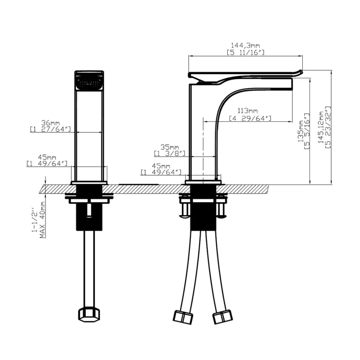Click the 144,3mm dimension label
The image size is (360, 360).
tap(245, 45)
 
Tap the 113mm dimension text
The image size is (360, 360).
tap(247, 111)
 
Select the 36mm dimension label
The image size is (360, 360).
tap(51, 123)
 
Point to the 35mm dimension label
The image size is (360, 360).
tap(169, 147)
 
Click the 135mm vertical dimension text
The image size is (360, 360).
tap(301, 132)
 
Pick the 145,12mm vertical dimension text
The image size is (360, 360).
tap(321, 127)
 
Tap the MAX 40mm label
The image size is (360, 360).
tap(43, 220)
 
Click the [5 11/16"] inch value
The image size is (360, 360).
tap(246, 52)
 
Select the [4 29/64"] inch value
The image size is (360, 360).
tap(250, 119)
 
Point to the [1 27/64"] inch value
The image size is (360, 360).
tap(50, 129)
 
